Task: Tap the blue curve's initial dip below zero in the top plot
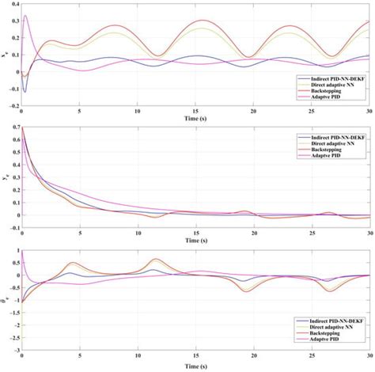(25, 91)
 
